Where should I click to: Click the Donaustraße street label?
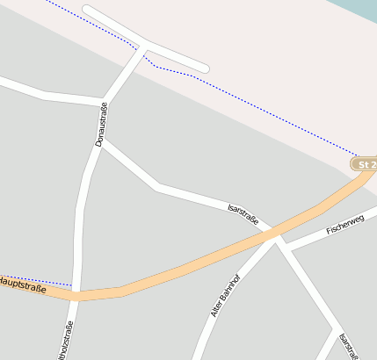[100, 125]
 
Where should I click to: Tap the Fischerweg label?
[344, 226]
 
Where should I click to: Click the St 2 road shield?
[366, 164]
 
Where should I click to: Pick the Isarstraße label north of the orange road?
[243, 214]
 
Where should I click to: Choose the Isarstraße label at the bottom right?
[349, 346]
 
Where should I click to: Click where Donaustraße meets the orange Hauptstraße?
[77, 294]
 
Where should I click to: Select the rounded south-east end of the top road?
[204, 67]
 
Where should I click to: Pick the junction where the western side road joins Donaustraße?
[105, 102]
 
